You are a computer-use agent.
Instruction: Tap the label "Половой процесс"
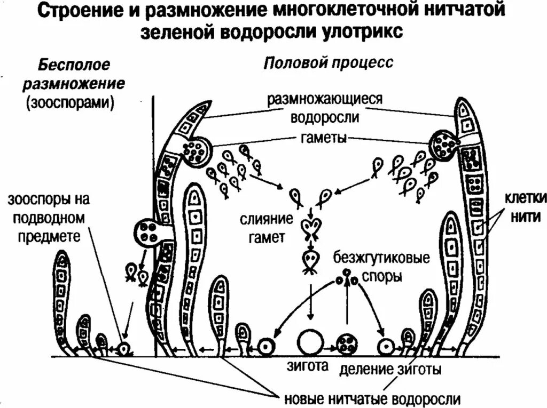(x=329, y=63)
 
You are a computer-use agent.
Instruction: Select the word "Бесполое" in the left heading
(x=74, y=65)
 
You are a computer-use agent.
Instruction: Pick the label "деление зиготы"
(x=390, y=369)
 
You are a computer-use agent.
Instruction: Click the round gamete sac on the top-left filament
(x=195, y=150)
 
